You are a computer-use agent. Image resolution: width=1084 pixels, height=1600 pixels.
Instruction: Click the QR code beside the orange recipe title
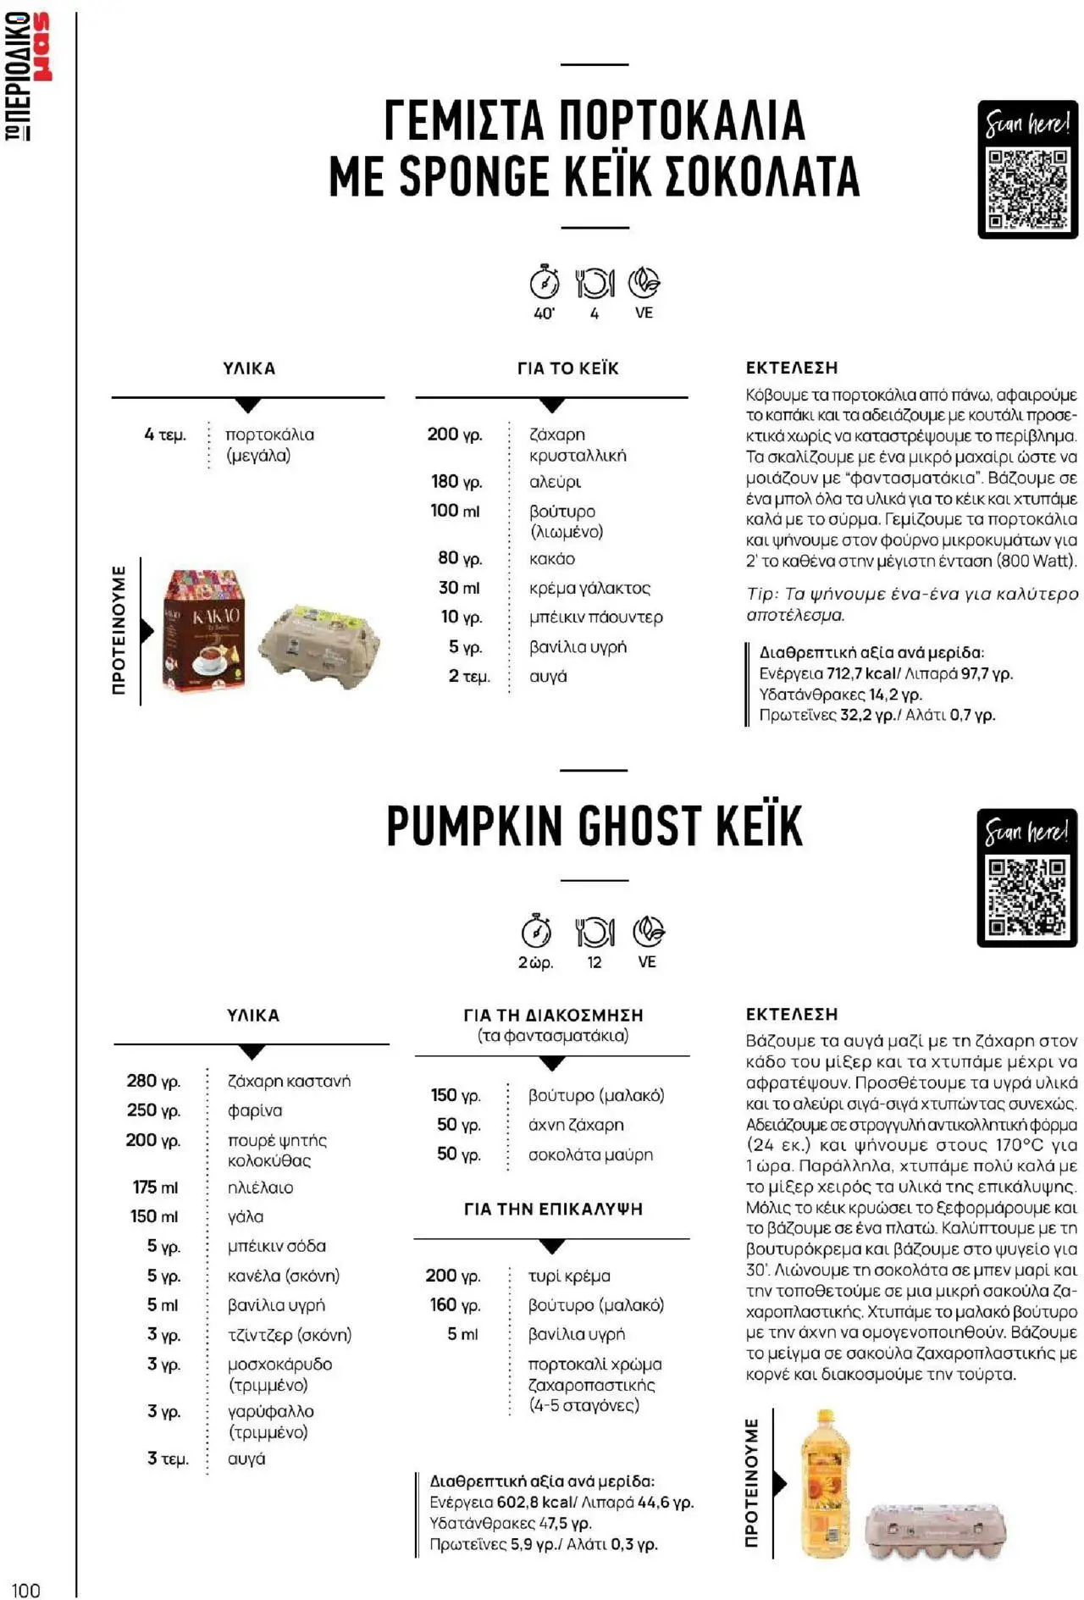[x=1027, y=189]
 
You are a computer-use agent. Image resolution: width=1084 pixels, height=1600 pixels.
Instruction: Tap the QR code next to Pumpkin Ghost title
[x=1026, y=896]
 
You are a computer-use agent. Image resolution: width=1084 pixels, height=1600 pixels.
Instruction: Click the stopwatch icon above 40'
[x=545, y=282]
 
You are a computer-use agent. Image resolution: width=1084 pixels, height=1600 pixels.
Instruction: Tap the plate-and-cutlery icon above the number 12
[x=595, y=932]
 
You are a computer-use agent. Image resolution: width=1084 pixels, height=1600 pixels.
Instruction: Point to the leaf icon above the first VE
[x=644, y=282]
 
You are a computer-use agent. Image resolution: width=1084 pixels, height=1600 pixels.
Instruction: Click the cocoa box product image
[x=204, y=629]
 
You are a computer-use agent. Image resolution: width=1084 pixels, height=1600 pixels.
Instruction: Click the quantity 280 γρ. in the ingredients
[x=153, y=1081]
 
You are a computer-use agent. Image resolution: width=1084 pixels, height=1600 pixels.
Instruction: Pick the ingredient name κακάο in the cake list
[x=551, y=559]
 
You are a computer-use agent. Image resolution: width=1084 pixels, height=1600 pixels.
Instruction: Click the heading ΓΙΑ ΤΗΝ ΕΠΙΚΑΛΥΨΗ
[x=553, y=1210]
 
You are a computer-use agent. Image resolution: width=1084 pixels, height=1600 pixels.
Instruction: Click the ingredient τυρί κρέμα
[x=569, y=1276]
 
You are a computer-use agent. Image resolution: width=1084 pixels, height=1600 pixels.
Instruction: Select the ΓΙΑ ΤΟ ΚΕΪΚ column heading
[x=567, y=368]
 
